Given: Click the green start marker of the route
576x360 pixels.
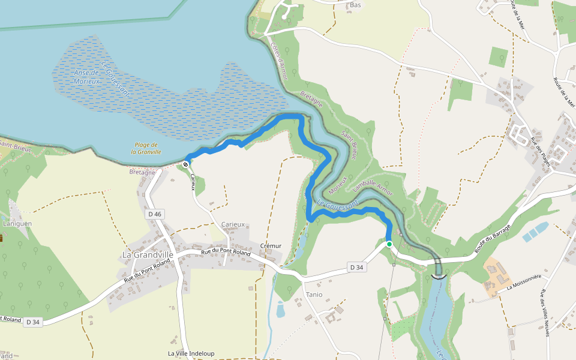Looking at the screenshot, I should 389,244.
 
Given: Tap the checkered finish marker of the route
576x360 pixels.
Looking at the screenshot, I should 187,162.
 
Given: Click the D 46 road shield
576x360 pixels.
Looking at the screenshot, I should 155,214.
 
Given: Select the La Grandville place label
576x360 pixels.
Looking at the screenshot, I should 148,254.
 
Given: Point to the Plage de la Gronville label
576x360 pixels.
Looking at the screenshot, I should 146,148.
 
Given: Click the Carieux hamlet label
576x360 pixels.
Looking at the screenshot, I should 233,224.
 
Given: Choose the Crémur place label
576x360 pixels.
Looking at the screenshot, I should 271,246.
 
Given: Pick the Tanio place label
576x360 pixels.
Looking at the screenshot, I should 314,295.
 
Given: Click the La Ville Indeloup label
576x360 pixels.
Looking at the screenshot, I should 191,353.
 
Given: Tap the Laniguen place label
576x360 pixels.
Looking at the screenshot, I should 18,224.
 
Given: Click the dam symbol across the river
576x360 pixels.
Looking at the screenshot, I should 439,275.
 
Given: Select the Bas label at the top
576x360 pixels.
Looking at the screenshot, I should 356,5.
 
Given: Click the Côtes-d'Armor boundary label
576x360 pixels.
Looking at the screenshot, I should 279,60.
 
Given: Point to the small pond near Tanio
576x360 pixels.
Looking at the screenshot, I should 281,310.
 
